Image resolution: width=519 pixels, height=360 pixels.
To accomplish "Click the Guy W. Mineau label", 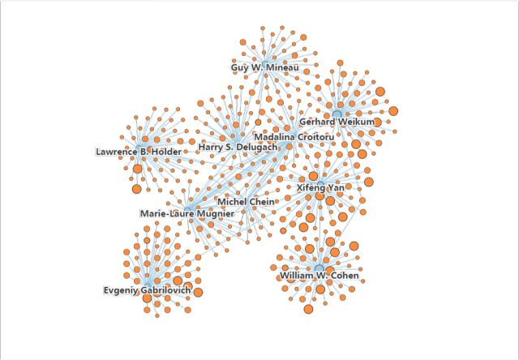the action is click(264, 68).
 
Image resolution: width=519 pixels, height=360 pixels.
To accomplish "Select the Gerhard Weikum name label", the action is click(337, 122).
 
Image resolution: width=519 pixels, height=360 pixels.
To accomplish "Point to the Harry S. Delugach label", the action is click(238, 148).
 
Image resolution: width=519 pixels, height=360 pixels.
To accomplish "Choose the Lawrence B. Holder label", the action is click(139, 152).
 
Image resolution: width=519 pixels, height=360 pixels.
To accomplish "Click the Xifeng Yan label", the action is click(320, 187).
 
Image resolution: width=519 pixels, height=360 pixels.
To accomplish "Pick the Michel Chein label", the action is click(246, 201).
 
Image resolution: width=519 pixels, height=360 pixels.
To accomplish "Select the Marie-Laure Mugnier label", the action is click(187, 214).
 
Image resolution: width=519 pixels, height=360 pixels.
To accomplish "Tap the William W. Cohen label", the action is click(319, 276).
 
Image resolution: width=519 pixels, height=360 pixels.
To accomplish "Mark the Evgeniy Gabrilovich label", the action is click(147, 290).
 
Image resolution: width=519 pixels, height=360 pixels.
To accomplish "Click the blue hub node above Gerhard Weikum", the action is click(337, 114).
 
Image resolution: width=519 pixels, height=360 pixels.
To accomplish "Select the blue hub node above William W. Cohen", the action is click(319, 268).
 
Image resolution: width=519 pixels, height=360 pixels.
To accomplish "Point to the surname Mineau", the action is click(282, 68).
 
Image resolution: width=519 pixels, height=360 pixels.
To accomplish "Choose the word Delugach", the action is click(256, 148).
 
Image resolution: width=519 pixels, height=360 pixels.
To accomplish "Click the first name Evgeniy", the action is click(122, 290).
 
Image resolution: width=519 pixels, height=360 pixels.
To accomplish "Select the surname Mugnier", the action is click(214, 214).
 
